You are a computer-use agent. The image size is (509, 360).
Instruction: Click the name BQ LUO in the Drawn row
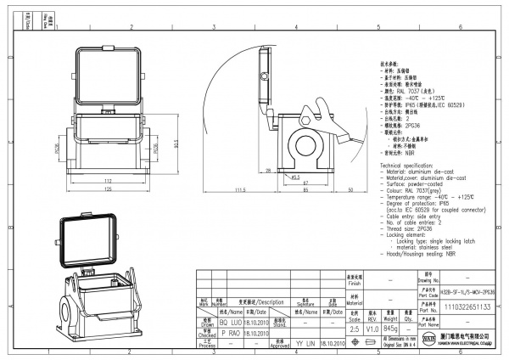[x=230, y=323]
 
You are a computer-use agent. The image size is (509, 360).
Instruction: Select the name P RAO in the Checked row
[x=230, y=335]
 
